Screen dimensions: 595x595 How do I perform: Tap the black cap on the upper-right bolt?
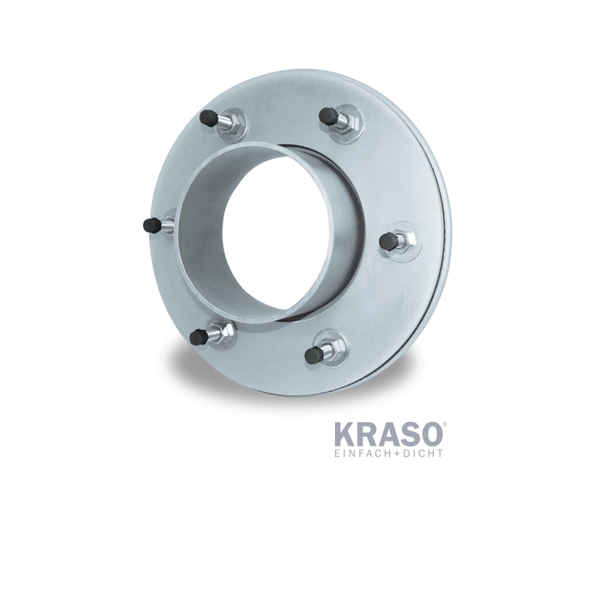click(x=327, y=114)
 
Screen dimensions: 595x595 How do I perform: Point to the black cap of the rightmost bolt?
click(x=389, y=242)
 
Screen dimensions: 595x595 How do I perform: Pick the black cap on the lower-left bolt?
click(x=198, y=338)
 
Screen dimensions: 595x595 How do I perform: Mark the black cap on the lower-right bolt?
click(x=315, y=353)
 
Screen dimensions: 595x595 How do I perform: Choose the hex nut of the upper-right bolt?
click(x=345, y=122)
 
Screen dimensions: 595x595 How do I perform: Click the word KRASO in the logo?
click(x=389, y=433)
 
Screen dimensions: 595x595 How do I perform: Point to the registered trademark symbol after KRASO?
click(x=445, y=424)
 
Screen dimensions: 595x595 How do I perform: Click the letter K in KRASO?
click(x=344, y=433)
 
